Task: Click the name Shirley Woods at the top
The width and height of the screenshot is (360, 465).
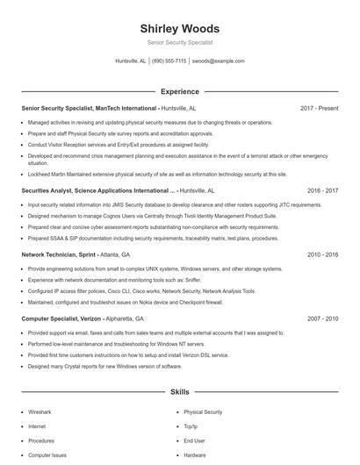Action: pos(179,28)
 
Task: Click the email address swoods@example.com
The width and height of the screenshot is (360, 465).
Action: pos(218,61)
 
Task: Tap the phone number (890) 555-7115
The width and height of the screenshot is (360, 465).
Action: pos(169,61)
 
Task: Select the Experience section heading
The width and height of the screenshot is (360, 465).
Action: pos(179,90)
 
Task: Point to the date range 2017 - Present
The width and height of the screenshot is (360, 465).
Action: pos(319,108)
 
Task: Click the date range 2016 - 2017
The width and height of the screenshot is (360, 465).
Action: pos(322,190)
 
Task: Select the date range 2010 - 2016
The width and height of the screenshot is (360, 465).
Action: pos(322,254)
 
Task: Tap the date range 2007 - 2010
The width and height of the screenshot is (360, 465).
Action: pos(322,319)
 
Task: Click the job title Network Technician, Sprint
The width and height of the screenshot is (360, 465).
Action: pos(58,254)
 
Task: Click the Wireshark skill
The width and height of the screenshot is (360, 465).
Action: pos(40,411)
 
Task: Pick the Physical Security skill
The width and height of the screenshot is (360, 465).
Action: pos(203,411)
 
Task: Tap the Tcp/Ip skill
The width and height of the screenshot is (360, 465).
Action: pos(192,426)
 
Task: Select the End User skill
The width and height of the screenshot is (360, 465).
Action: pos(194,440)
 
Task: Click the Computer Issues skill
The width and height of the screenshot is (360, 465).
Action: pos(47,455)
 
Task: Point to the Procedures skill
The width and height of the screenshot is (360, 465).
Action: pos(41,440)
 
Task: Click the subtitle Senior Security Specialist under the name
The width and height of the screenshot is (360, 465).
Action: pos(179,42)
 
